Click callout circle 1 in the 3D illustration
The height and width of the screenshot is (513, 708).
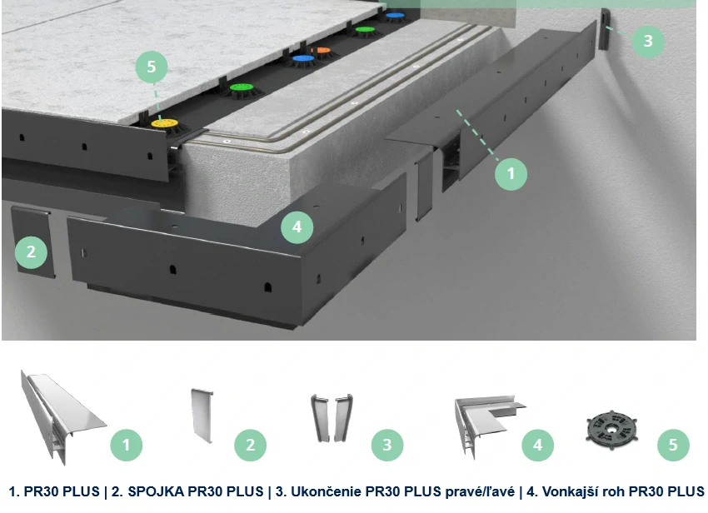pyautogui.click(x=511, y=173)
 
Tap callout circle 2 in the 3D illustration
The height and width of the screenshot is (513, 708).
pyautogui.click(x=31, y=252)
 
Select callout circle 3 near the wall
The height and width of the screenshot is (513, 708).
pyautogui.click(x=648, y=41)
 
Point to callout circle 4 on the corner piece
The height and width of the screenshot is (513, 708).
pyautogui.click(x=297, y=227)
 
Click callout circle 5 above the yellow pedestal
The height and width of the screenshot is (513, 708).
pyautogui.click(x=152, y=67)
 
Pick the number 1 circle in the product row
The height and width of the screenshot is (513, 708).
pyautogui.click(x=127, y=446)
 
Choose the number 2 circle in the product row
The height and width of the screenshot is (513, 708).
pyautogui.click(x=250, y=446)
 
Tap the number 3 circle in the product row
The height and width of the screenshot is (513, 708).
pyautogui.click(x=387, y=446)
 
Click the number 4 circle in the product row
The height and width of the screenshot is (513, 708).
pyautogui.click(x=538, y=446)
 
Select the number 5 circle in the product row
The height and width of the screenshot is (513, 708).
pyautogui.click(x=673, y=446)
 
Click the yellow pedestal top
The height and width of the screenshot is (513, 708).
pyautogui.click(x=165, y=122)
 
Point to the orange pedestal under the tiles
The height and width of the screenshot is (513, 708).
pyautogui.click(x=321, y=51)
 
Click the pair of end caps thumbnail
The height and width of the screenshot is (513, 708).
pyautogui.click(x=332, y=418)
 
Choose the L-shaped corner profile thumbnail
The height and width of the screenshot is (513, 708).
pyautogui.click(x=490, y=426)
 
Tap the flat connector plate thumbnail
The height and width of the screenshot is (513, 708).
pyautogui.click(x=202, y=416)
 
